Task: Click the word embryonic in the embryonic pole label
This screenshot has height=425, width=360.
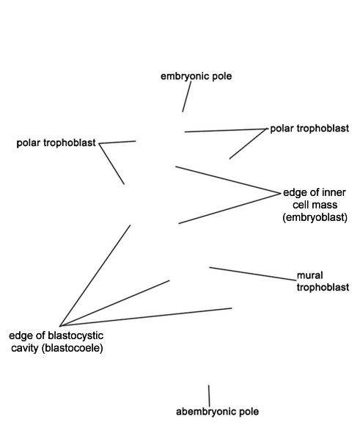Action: pyautogui.click(x=185, y=76)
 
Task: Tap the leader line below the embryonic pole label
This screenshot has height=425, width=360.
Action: pyautogui.click(x=186, y=96)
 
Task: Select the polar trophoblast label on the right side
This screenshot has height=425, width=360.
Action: pyautogui.click(x=309, y=128)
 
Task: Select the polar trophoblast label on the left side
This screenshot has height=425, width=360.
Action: pyautogui.click(x=56, y=143)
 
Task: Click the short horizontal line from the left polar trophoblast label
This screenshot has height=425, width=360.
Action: pyautogui.click(x=117, y=142)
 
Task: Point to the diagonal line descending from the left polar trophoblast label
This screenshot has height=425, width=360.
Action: pyautogui.click(x=111, y=164)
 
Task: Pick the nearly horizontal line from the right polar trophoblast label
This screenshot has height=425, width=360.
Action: pyautogui.click(x=226, y=131)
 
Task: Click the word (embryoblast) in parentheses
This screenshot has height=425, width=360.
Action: pyautogui.click(x=315, y=217)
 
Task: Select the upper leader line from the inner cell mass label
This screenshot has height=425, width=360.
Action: pyautogui.click(x=228, y=180)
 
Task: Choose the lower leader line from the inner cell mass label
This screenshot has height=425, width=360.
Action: pyautogui.click(x=229, y=208)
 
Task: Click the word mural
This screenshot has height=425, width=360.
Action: pyautogui.click(x=310, y=275)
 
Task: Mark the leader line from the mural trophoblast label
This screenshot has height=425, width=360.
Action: pyautogui.click(x=253, y=274)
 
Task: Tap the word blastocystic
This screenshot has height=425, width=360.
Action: pyautogui.click(x=76, y=336)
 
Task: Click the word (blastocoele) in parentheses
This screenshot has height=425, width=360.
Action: pyautogui.click(x=73, y=348)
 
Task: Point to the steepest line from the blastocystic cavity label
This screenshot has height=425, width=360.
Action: pyautogui.click(x=95, y=275)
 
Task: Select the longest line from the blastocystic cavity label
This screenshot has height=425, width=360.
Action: pyautogui.click(x=146, y=317)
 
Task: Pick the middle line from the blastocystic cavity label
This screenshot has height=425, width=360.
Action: pyautogui.click(x=115, y=303)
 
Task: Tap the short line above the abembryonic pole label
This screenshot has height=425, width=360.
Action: pyautogui.click(x=209, y=396)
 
